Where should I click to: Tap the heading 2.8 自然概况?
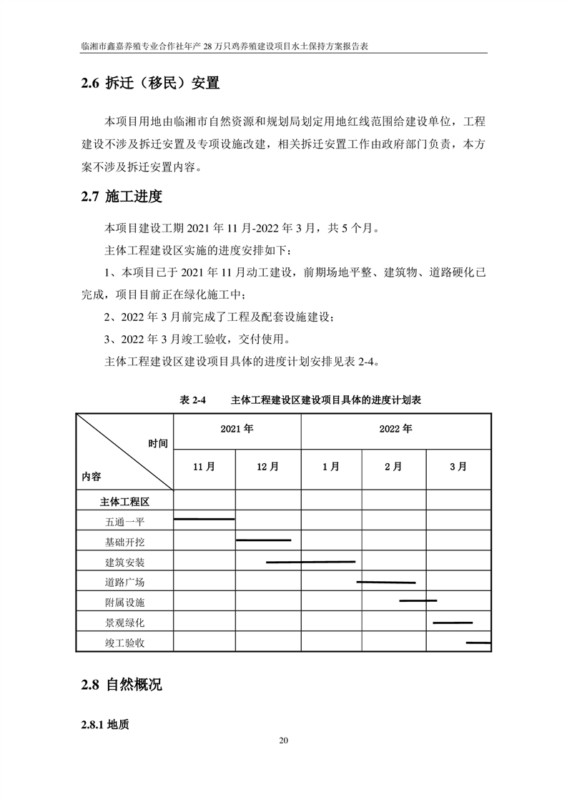122,685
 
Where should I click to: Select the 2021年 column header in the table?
237,430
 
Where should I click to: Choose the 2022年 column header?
395,430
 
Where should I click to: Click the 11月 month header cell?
204,467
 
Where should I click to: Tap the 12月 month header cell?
267,467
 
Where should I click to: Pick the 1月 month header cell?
330,467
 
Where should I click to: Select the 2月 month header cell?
393,467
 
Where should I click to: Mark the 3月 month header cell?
458,467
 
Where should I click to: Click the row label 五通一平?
124,522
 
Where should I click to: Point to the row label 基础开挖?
124,542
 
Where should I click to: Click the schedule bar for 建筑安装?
310,562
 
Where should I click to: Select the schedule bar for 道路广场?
385,583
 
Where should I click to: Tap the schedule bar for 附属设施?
418,600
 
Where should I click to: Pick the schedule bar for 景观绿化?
453,623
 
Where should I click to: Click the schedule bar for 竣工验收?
478,643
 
